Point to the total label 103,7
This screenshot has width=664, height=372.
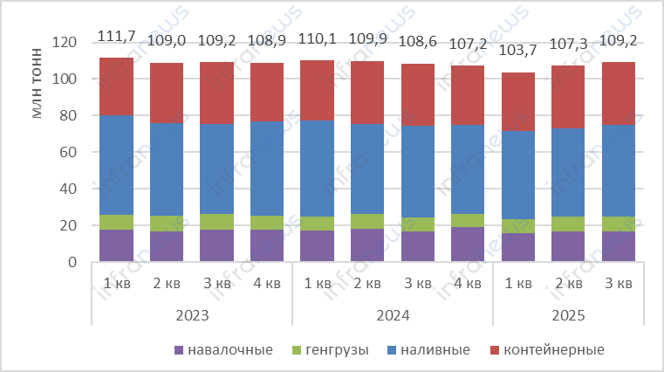518,52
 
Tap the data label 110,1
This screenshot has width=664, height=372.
317,40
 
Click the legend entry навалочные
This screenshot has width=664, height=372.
224,350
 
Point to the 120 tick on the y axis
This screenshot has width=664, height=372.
65,42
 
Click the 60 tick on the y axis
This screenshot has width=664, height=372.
69,152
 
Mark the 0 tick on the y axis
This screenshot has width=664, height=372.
72,262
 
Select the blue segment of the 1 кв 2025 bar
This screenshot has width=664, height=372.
518,175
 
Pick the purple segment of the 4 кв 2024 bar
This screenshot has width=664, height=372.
468,245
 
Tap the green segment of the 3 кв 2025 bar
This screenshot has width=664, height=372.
619,224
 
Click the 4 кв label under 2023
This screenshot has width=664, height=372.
267,285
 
